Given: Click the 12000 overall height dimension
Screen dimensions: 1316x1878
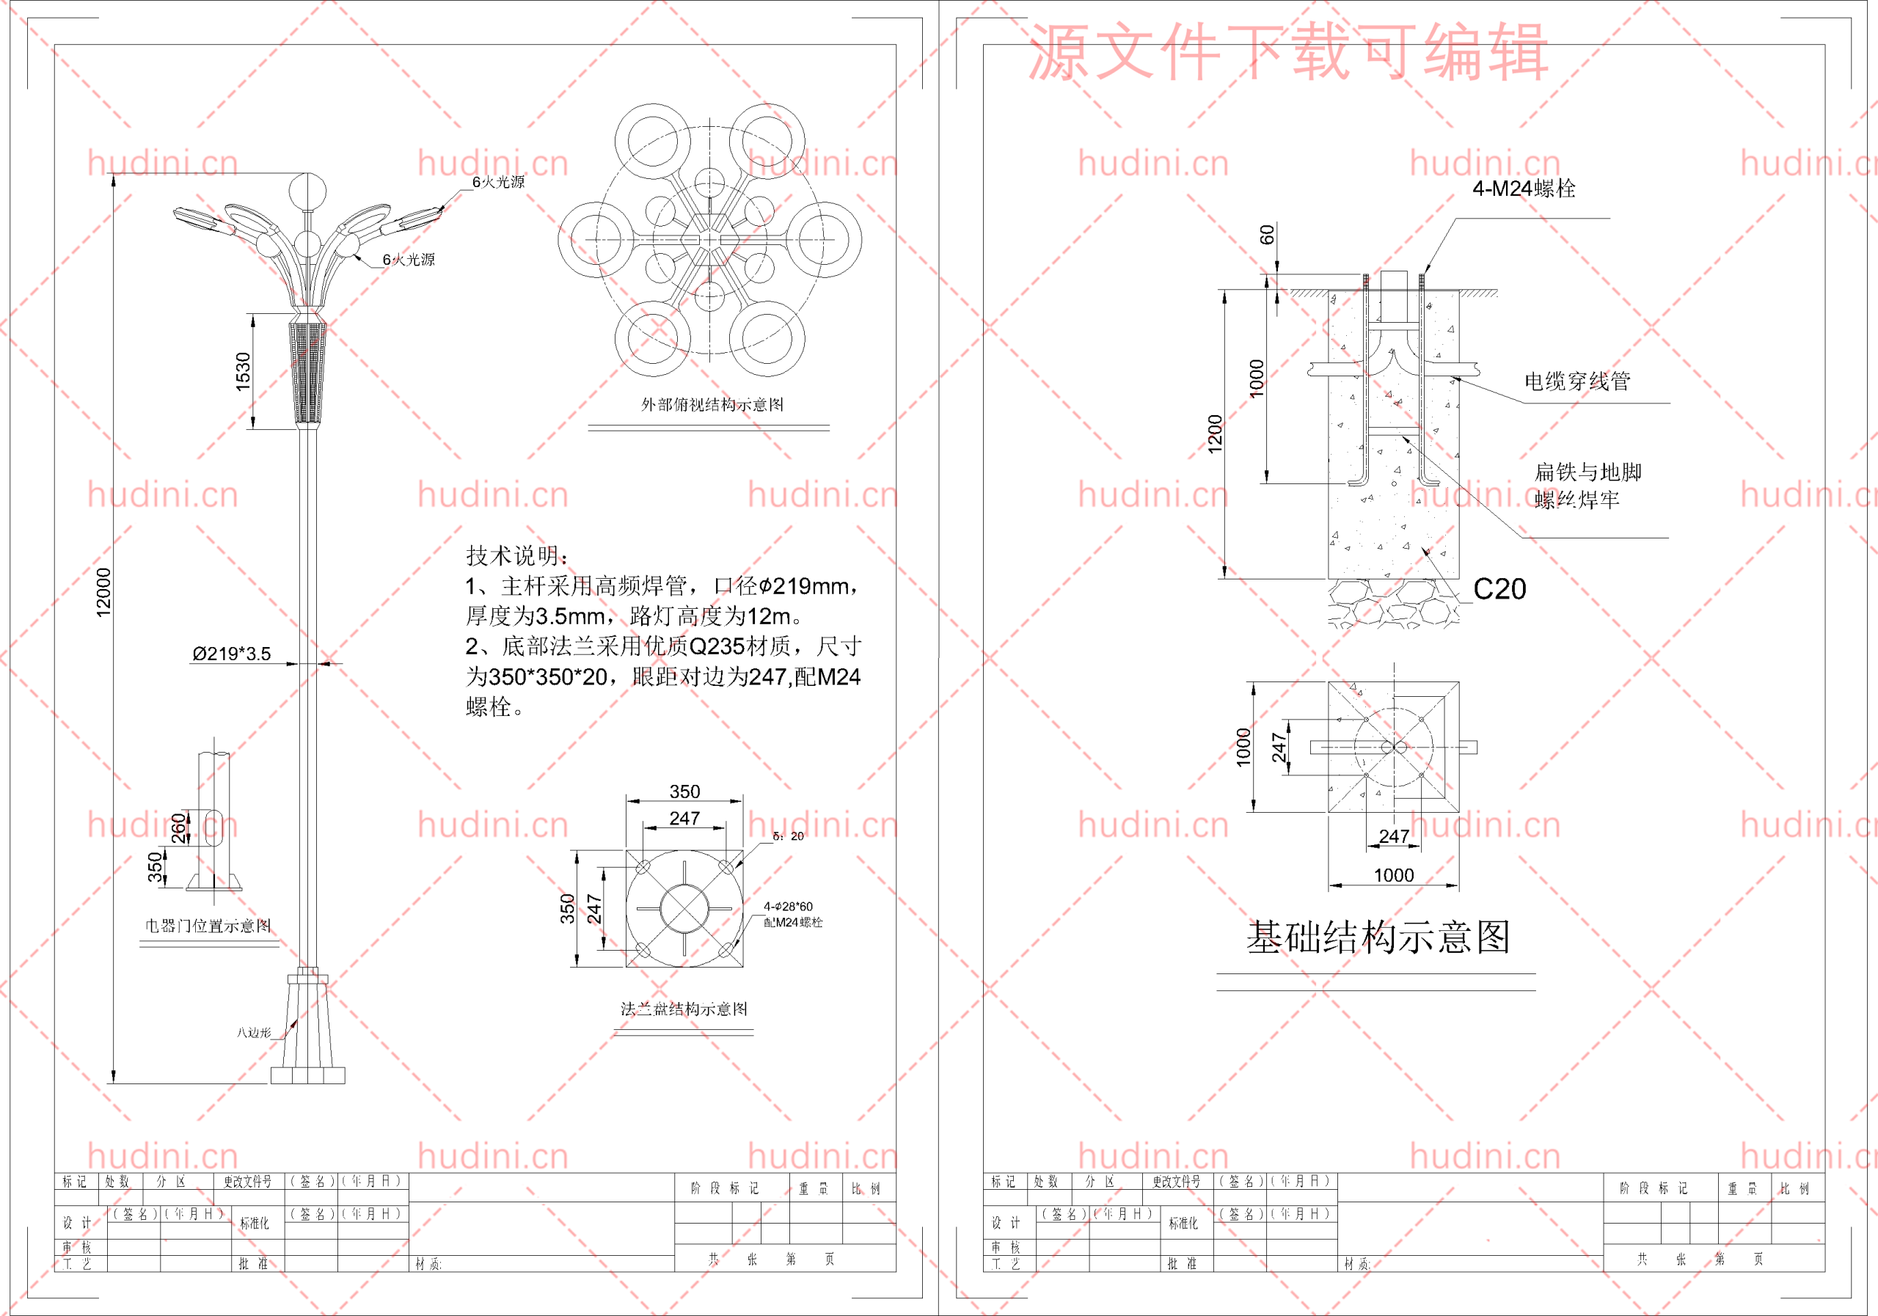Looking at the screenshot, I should pyautogui.click(x=103, y=592).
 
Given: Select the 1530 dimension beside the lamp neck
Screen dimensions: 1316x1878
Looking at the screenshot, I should pyautogui.click(x=243, y=371).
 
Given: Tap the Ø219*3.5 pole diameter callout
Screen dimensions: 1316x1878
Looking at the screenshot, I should pyautogui.click(x=232, y=654).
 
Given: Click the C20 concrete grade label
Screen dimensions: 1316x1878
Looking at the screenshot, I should pyautogui.click(x=1499, y=589).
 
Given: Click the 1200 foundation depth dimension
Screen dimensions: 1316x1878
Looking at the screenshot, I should pyautogui.click(x=1215, y=434).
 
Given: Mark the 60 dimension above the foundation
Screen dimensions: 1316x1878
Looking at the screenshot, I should pyautogui.click(x=1267, y=235).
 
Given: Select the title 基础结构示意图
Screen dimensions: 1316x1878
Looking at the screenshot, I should pyautogui.click(x=1378, y=937).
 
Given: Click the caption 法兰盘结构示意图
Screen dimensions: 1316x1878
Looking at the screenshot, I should pyautogui.click(x=684, y=1009).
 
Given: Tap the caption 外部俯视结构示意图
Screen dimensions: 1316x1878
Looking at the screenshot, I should pyautogui.click(x=712, y=405).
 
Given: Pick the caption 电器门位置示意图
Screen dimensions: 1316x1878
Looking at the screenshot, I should pyautogui.click(x=208, y=926).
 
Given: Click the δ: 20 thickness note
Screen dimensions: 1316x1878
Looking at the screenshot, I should pyautogui.click(x=788, y=836).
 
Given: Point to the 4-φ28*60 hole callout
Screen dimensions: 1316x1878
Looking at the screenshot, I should pyautogui.click(x=788, y=906).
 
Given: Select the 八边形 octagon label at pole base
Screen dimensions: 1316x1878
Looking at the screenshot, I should pyautogui.click(x=254, y=1033).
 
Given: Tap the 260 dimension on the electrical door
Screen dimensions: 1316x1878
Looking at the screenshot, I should pyautogui.click(x=178, y=827).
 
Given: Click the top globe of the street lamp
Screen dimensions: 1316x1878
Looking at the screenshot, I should pyautogui.click(x=307, y=193).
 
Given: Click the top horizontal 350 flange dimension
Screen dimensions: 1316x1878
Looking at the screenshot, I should pyautogui.click(x=684, y=791).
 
